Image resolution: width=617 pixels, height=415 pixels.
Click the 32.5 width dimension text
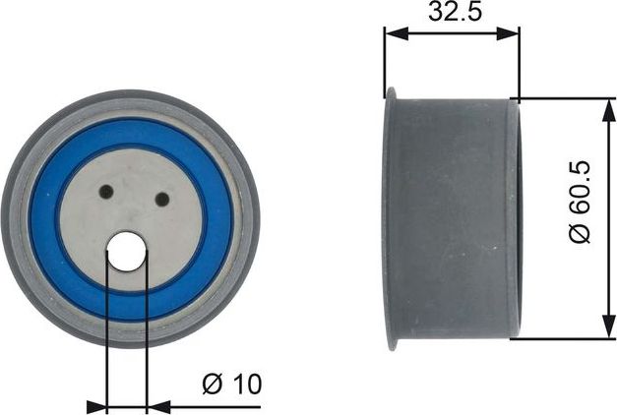coord(450,15)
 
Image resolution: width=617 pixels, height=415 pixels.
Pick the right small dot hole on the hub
coord(162,200)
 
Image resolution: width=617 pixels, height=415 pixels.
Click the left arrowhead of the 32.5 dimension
coord(392,32)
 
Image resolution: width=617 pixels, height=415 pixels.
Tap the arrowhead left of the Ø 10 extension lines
coord(97,404)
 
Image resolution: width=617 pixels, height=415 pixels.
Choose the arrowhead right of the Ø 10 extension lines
coord(155,404)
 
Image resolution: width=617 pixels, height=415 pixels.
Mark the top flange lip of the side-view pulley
coord(390,93)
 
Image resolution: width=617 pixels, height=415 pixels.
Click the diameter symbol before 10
coord(212,385)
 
